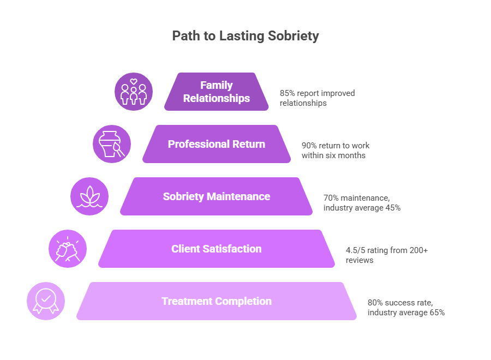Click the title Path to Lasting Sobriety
(x=245, y=37)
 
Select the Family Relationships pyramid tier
(x=217, y=92)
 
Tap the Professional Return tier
(x=217, y=144)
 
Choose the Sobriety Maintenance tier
(x=217, y=196)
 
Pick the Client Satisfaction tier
(x=217, y=249)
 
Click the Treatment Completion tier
(x=217, y=301)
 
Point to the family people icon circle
(x=134, y=92)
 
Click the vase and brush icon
(x=112, y=144)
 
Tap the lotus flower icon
(x=90, y=196)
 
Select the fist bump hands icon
(x=68, y=249)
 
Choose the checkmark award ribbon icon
(x=46, y=301)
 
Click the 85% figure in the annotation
(x=288, y=93)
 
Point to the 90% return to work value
(x=310, y=146)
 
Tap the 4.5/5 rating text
(x=355, y=250)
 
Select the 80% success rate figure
(x=375, y=303)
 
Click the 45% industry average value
(x=393, y=208)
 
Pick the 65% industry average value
(x=436, y=313)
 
